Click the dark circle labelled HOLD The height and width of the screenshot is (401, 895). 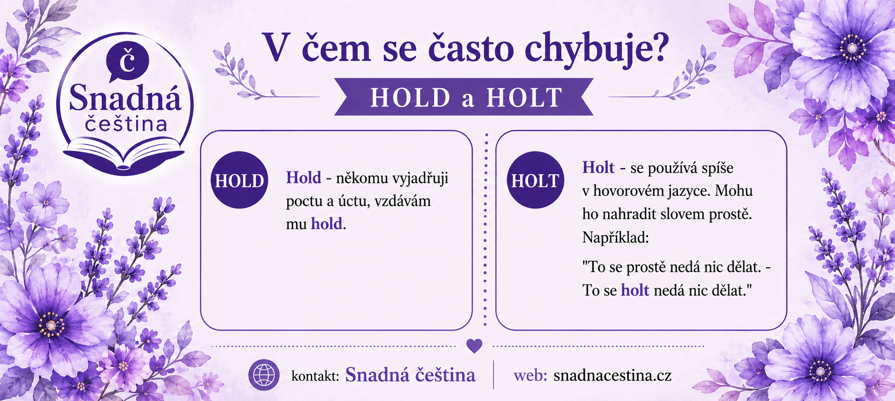(x=239, y=180)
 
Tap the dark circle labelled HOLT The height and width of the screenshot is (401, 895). (x=535, y=180)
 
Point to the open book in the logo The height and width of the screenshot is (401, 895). (x=124, y=154)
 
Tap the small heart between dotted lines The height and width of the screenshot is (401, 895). (x=474, y=346)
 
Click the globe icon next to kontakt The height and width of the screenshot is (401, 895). (x=264, y=375)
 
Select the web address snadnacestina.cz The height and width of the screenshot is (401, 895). (x=612, y=375)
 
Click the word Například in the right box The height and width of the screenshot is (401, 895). (x=615, y=238)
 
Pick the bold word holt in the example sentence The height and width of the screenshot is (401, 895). (x=635, y=290)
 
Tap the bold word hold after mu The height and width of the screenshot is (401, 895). (x=326, y=223)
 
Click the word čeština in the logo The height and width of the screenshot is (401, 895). (x=126, y=124)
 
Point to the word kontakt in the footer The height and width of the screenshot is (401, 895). (x=315, y=376)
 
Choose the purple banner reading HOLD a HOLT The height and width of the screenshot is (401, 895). (x=464, y=97)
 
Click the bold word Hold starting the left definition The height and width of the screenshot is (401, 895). (x=304, y=177)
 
